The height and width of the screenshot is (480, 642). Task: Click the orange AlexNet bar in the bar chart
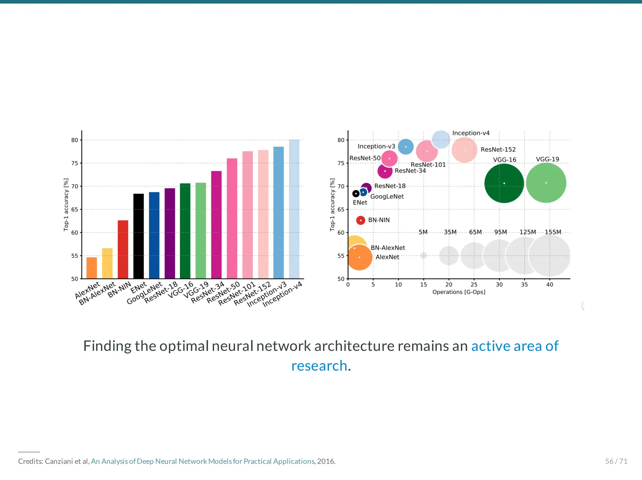92,268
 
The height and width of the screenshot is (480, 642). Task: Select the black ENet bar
139,236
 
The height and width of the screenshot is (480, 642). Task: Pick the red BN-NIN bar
123,250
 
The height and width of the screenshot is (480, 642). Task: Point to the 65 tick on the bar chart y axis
75,209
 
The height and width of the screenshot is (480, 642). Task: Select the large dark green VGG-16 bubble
504,183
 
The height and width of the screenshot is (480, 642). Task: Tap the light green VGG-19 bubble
546,183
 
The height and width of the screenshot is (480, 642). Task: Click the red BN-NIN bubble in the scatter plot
360,220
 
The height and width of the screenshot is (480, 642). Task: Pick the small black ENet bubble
356,194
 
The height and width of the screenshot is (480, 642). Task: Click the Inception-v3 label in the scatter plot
376,147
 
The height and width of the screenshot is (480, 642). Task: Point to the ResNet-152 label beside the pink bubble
498,150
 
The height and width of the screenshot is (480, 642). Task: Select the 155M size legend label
553,232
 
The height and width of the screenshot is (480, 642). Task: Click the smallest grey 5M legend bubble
424,255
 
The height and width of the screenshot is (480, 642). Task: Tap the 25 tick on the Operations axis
474,285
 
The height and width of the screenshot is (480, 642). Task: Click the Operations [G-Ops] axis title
459,292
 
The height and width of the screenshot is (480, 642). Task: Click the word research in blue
319,366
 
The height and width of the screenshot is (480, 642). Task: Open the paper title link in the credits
203,461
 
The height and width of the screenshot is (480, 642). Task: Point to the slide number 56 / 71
616,461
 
